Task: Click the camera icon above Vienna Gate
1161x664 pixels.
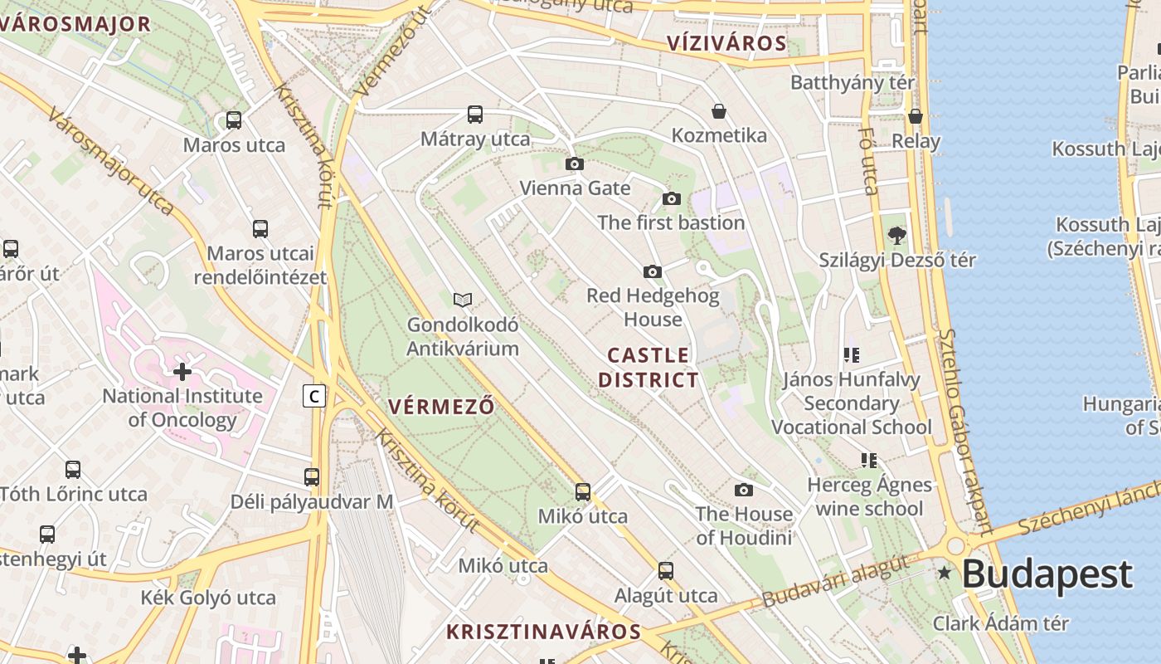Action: tap(574, 164)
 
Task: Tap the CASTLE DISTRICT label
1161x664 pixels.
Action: tap(649, 368)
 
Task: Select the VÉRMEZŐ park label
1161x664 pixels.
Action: tap(440, 407)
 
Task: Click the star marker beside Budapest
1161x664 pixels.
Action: tap(944, 573)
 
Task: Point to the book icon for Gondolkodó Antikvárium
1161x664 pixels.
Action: tap(463, 300)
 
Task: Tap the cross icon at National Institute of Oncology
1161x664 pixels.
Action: tap(182, 372)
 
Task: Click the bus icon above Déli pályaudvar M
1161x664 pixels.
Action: tap(312, 477)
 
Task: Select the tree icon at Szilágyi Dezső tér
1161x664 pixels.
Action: tap(896, 236)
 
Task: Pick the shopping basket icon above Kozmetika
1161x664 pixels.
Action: tap(718, 111)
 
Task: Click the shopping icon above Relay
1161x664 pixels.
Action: tap(916, 116)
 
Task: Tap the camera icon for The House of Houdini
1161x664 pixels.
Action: tap(744, 490)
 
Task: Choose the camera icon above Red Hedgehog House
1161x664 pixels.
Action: tap(653, 271)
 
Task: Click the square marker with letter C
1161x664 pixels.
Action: tap(313, 397)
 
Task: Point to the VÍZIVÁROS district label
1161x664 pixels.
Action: tap(726, 43)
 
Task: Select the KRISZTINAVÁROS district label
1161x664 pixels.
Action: tap(543, 632)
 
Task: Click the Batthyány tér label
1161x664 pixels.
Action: tap(852, 82)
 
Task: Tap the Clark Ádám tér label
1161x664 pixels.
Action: tap(1000, 623)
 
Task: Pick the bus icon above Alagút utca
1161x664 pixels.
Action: tap(665, 571)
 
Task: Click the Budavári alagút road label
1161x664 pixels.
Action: tap(835, 581)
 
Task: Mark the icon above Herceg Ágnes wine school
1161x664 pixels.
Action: tap(868, 460)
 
